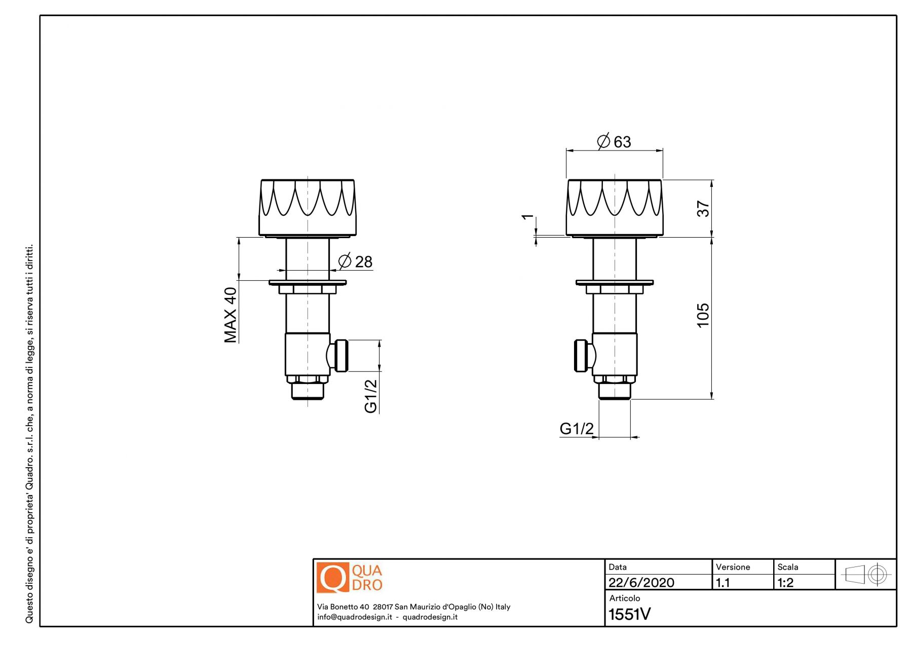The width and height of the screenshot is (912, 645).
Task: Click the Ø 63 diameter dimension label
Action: (x=614, y=141)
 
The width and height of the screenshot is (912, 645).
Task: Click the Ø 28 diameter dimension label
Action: (x=355, y=261)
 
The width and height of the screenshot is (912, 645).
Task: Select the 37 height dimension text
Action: (x=703, y=208)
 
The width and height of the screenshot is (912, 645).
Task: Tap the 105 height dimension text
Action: (x=703, y=315)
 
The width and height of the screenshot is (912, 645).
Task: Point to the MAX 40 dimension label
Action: (x=231, y=315)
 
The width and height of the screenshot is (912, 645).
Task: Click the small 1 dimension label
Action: (x=528, y=217)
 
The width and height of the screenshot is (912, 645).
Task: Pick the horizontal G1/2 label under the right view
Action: (x=577, y=429)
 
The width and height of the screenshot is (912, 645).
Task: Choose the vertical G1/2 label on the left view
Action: (x=371, y=396)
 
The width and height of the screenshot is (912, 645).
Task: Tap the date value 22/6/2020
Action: (x=641, y=583)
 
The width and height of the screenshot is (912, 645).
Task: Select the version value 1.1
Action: (x=723, y=583)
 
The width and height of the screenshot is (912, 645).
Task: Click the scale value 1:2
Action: (x=786, y=583)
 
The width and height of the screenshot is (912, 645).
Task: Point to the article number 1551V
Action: (x=630, y=614)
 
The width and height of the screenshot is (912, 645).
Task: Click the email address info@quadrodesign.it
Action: (x=355, y=617)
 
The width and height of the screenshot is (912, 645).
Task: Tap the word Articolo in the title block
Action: (x=625, y=598)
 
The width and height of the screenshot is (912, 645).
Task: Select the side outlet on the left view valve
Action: (x=338, y=356)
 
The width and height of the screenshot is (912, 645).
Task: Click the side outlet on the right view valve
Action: (x=585, y=356)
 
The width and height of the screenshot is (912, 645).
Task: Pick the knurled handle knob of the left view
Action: (x=308, y=208)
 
